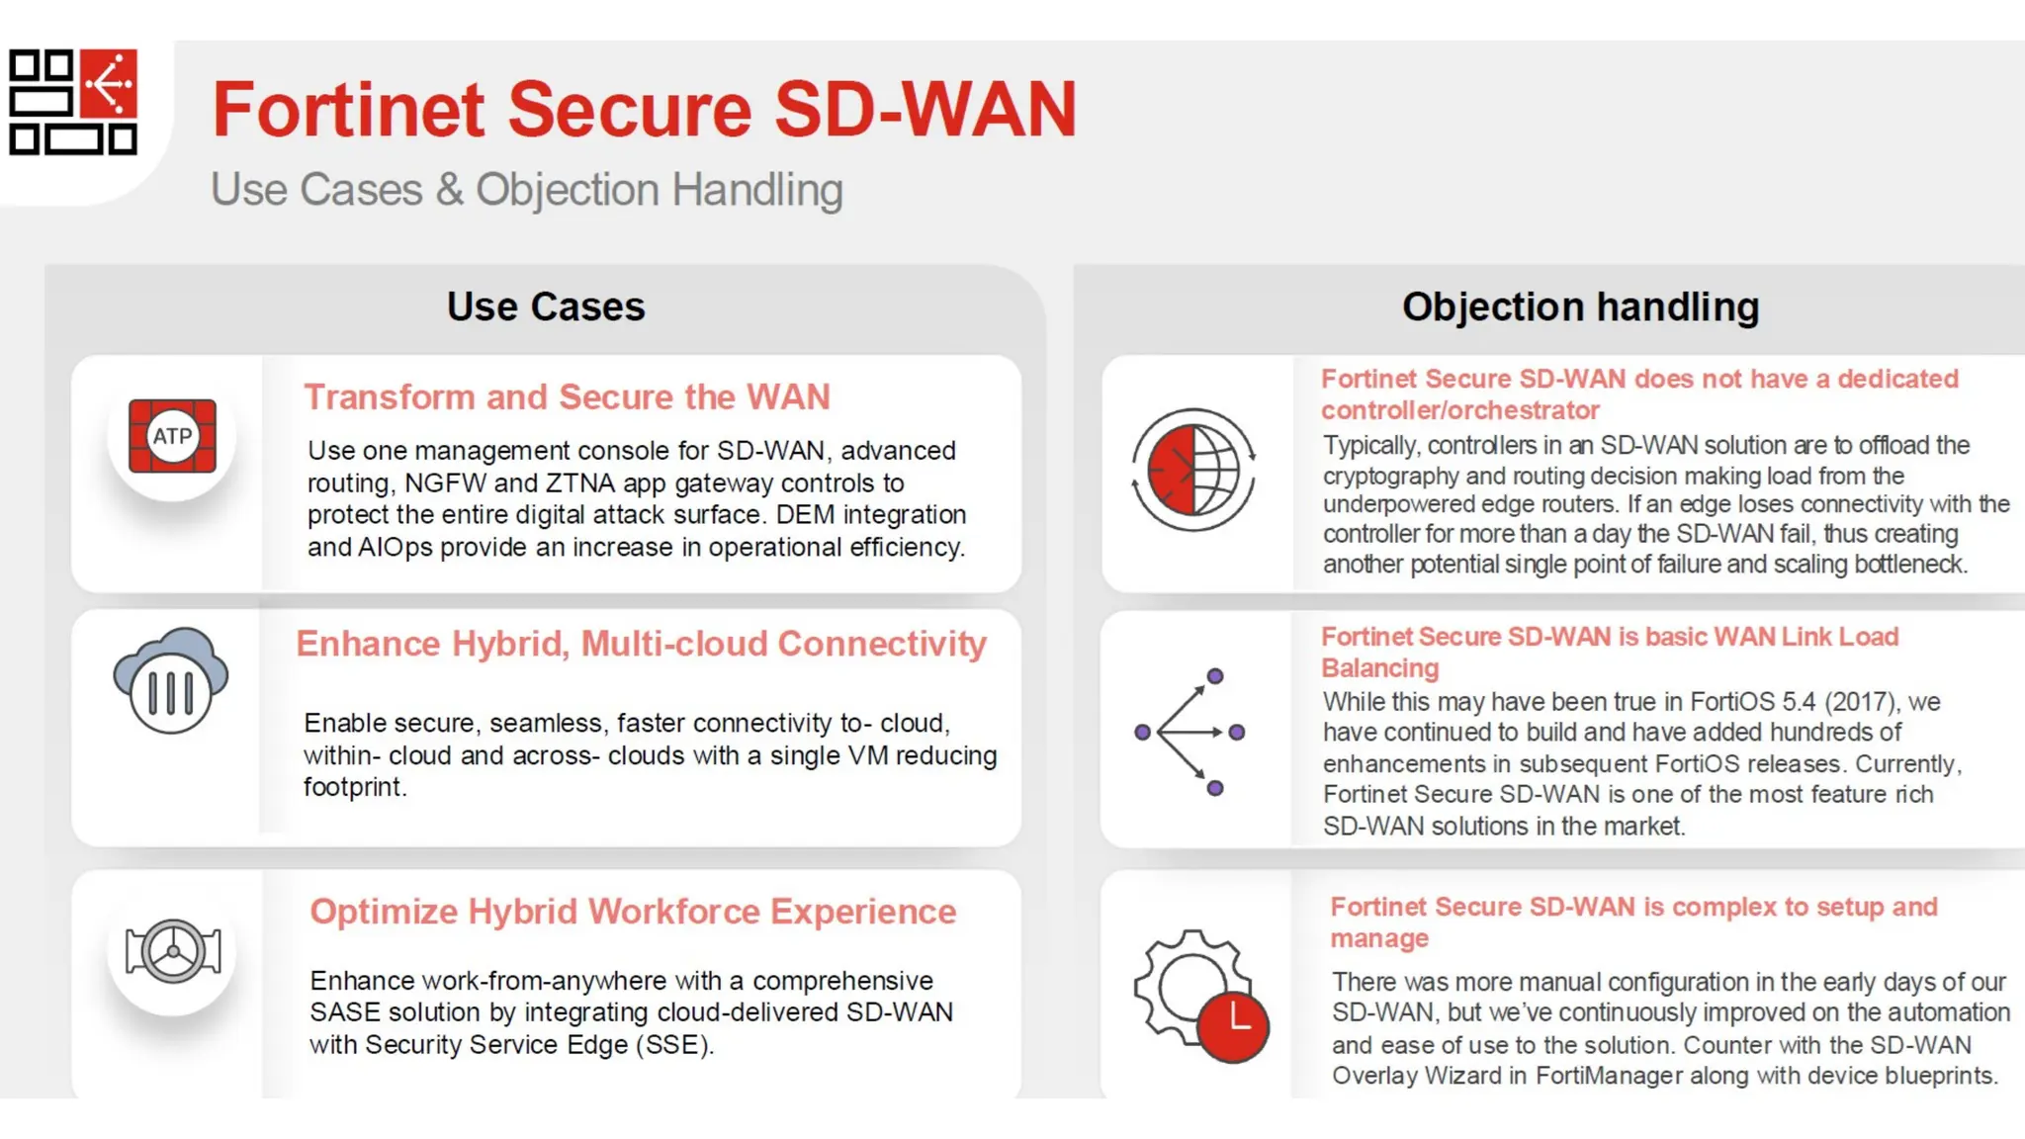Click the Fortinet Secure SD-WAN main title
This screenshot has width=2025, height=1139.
pos(644,109)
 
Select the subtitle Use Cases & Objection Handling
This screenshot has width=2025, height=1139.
pos(526,189)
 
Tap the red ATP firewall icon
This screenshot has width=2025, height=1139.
pos(172,436)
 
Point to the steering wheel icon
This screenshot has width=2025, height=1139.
pos(173,951)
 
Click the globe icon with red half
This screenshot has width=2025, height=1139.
pos(1193,470)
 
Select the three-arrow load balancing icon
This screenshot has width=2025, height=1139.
pos(1189,732)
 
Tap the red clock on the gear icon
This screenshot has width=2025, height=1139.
pos(1233,1025)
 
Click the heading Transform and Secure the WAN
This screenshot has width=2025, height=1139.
pos(567,396)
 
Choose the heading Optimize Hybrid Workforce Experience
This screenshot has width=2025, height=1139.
pos(633,911)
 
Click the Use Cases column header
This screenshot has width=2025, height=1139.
pos(546,307)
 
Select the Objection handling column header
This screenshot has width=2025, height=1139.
pos(1580,307)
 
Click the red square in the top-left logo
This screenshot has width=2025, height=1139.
pos(109,83)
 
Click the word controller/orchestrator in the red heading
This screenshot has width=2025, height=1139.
pos(1459,410)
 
